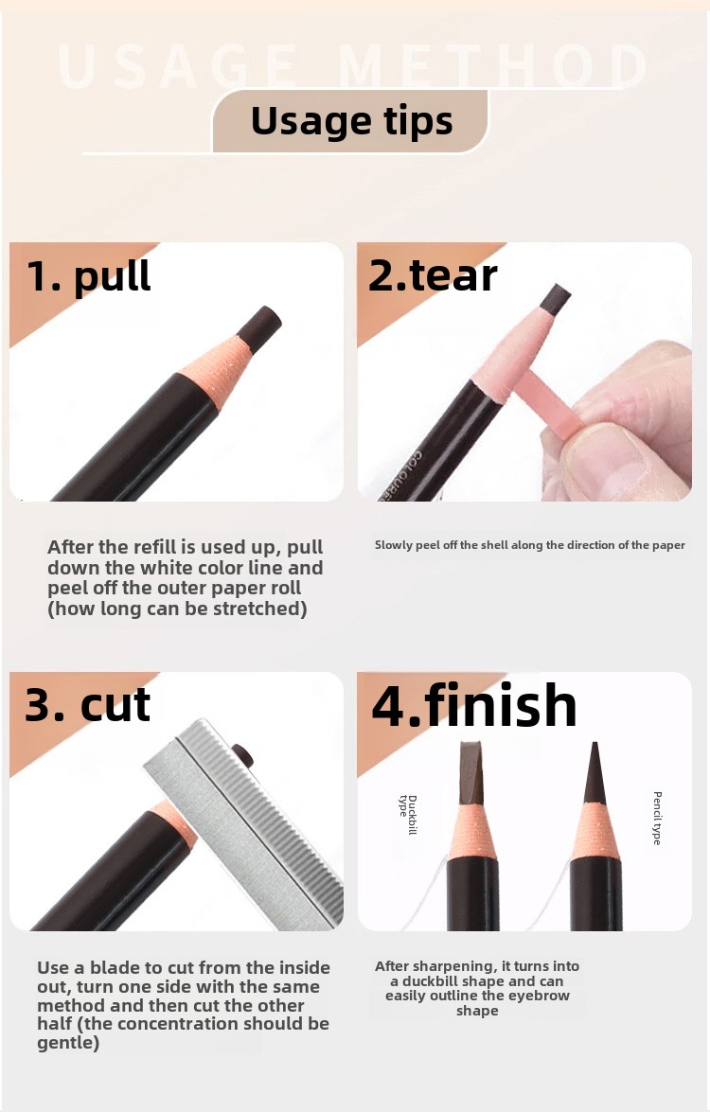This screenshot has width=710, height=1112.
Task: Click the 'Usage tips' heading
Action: [x=351, y=121]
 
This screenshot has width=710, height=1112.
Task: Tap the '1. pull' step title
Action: [x=88, y=275]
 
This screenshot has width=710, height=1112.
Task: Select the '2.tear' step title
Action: [x=433, y=275]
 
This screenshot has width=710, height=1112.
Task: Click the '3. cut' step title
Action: [x=88, y=705]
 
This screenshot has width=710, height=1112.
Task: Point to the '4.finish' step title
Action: [x=473, y=706]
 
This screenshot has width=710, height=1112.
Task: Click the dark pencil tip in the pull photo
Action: [x=257, y=328]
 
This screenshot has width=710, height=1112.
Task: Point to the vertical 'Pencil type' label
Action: [x=657, y=818]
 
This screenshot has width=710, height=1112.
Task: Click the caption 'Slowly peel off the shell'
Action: [x=529, y=545]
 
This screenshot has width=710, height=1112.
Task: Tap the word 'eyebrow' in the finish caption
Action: [x=537, y=996]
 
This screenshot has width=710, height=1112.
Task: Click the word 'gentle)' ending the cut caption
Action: [x=68, y=1043]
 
